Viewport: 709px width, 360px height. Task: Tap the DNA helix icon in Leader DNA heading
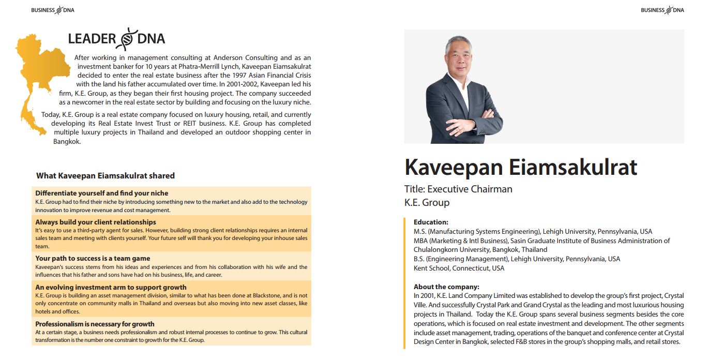click(x=127, y=39)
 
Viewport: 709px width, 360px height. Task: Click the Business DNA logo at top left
click(x=52, y=10)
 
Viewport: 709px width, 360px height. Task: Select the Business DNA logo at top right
click(x=662, y=10)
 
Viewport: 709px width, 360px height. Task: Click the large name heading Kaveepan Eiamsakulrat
click(x=521, y=167)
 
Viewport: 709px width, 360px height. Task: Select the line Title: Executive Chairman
click(x=458, y=189)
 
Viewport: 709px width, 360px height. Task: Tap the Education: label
click(x=431, y=222)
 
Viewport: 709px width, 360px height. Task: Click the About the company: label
click(x=446, y=287)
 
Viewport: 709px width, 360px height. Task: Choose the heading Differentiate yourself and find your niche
click(x=102, y=193)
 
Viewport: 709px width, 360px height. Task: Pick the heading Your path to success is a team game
click(x=93, y=258)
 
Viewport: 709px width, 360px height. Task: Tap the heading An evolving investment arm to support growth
click(x=111, y=287)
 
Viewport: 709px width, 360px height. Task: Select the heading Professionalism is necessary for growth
click(x=95, y=324)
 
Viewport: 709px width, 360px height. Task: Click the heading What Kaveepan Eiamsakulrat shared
click(x=105, y=176)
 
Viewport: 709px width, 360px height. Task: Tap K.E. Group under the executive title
click(x=427, y=202)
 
